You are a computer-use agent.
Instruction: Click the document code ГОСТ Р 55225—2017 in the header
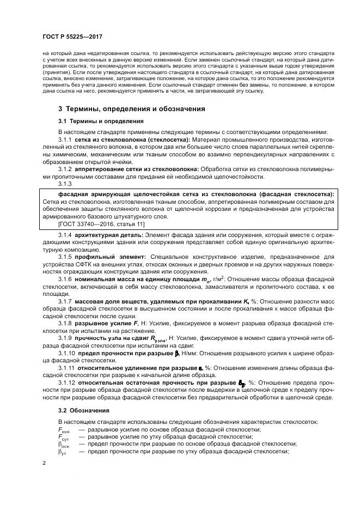(x=72, y=37)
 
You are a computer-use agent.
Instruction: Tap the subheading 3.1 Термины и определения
(x=101, y=121)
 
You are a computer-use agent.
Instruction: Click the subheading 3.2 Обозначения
(x=84, y=410)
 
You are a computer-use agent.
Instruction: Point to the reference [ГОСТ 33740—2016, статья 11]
(x=100, y=224)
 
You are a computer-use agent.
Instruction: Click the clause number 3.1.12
(x=67, y=382)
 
